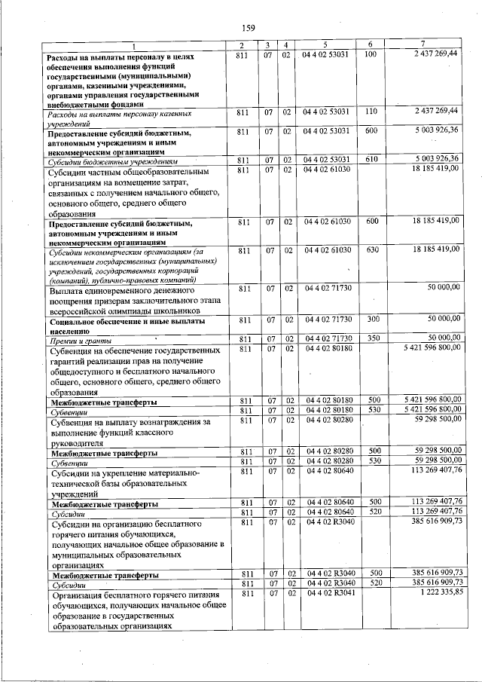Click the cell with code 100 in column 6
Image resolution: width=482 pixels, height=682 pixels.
370,56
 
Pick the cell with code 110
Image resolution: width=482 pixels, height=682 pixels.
370,112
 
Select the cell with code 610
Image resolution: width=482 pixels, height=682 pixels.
370,161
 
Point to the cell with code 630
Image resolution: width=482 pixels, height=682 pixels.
370,249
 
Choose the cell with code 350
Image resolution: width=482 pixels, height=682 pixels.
370,338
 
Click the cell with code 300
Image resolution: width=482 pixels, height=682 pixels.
370,320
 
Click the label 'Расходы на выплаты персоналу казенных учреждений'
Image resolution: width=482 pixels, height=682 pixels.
120,117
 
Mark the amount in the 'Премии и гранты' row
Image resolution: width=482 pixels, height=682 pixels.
437,338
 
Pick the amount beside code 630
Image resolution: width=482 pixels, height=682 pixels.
435,249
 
